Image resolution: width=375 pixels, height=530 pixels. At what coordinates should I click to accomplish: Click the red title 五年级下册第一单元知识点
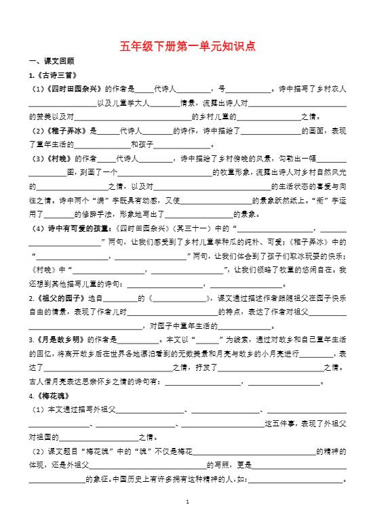(x=188, y=46)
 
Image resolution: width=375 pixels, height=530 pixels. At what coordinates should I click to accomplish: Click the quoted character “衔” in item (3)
(x=325, y=201)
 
